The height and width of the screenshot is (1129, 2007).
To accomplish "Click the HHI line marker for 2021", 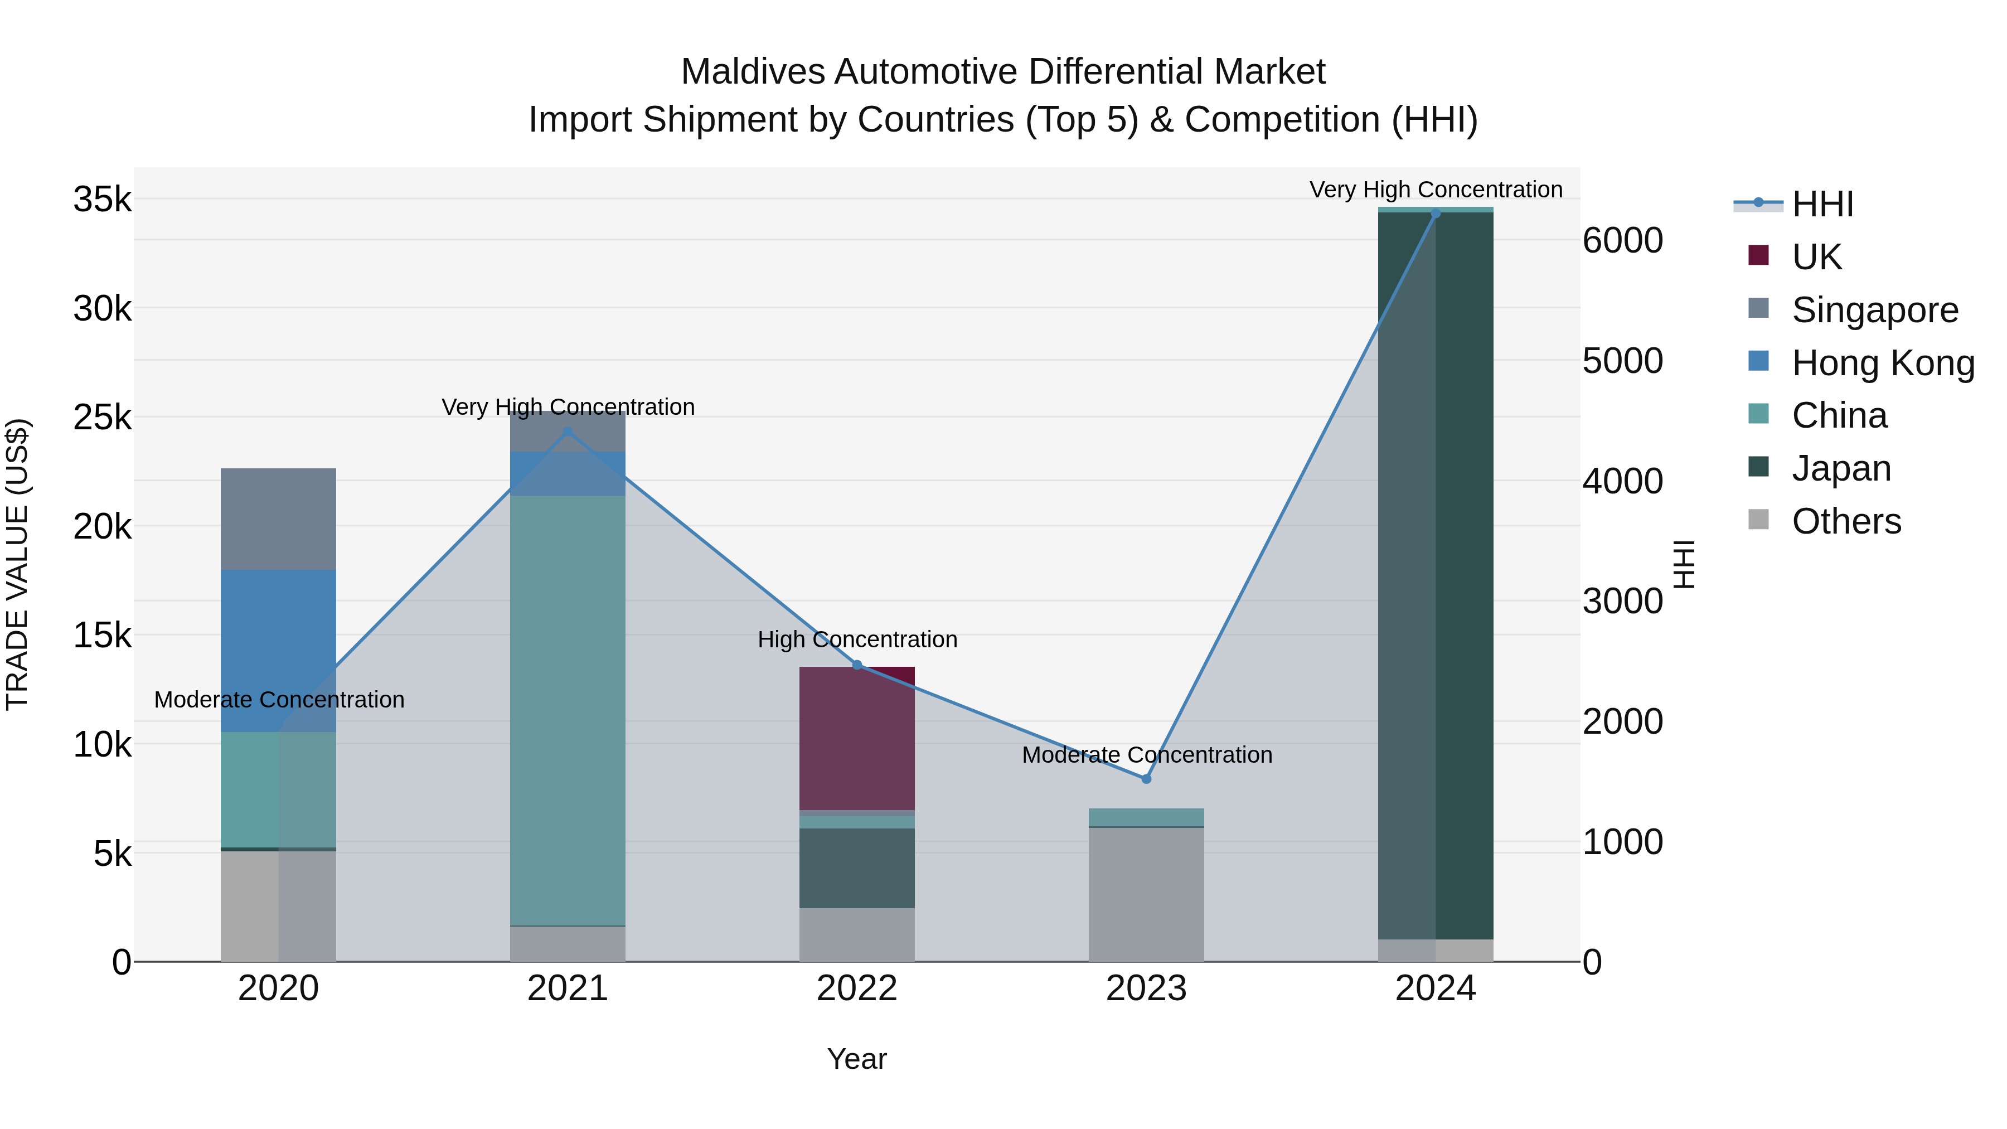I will click(x=567, y=432).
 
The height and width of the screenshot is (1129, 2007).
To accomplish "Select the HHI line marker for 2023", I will click(x=1146, y=778).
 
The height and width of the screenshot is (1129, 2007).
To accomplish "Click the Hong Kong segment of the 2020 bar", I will click(x=278, y=651).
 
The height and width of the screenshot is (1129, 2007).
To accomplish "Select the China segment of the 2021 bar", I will click(x=567, y=710).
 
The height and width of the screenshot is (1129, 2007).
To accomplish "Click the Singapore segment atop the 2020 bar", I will click(x=278, y=519).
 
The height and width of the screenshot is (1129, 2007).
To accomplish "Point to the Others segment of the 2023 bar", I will click(x=1146, y=894).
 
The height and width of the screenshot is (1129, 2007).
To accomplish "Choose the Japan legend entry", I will click(x=1840, y=468).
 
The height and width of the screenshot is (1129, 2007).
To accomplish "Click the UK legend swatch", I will click(x=1758, y=255).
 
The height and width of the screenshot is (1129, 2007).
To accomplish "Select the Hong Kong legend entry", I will click(x=1882, y=363).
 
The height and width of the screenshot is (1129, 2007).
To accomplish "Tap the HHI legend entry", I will click(x=1821, y=204).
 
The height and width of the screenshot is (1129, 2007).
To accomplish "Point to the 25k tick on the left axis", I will click(x=102, y=418).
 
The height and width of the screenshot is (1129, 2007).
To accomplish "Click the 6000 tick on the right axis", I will click(x=1623, y=241).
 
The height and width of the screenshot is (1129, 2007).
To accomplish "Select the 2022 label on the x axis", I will click(x=857, y=989).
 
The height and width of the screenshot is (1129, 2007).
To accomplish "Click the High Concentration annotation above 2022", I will click(x=857, y=639).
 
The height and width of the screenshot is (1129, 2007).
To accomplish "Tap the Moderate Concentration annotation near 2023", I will click(x=1146, y=755).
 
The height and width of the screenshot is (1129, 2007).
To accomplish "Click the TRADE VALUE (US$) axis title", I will click(x=17, y=564).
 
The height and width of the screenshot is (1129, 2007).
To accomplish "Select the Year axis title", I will click(x=856, y=1059).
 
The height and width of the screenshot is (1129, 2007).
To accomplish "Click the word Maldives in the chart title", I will click(x=752, y=72).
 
